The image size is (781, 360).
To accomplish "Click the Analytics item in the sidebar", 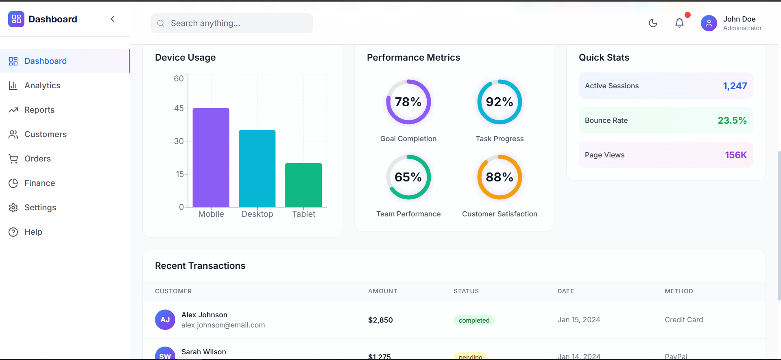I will pos(42,85).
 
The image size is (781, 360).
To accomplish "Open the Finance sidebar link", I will pos(39,183).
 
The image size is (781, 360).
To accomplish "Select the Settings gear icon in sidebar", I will pos(13,207).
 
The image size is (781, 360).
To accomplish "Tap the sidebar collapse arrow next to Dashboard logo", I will pos(113,19).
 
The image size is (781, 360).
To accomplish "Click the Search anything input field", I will pos(232,23).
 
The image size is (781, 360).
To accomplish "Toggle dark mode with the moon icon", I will pos(653,23).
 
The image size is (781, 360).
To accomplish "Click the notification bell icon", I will pos(679,23).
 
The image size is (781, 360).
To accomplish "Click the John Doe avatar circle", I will pos(709,23).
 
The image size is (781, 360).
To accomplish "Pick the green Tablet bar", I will pos(303,185).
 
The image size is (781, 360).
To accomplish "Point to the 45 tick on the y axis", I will pos(179,108).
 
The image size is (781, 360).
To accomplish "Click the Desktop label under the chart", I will pos(257,214).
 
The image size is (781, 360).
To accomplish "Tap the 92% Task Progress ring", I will pos(500,102).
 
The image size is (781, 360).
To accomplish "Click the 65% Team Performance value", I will pos(408,177).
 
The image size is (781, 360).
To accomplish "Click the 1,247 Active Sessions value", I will pos(735,86).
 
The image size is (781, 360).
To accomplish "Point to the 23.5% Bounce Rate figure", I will pos(732,120).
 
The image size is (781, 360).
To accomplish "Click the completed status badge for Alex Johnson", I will pos(474,321).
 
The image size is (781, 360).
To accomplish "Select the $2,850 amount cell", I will pos(380,320).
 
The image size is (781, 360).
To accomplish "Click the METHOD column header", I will pos(678,291).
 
